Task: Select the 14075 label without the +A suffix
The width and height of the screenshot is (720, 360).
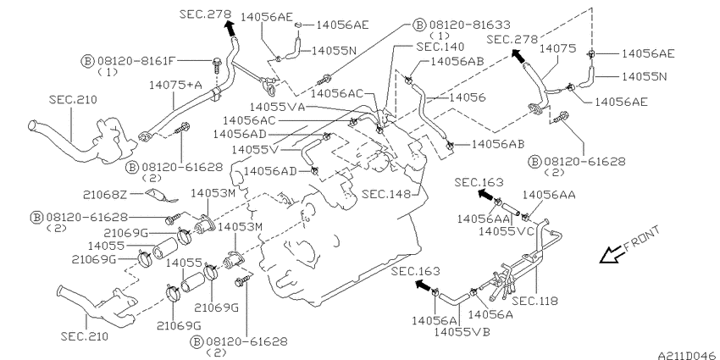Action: pos(557,48)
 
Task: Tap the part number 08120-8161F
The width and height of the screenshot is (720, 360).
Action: pos(136,60)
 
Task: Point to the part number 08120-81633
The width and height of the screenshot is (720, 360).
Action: pos(470,25)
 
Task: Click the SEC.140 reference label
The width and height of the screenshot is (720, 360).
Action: pos(440,47)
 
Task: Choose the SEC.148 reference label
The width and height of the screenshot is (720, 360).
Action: pos(386,194)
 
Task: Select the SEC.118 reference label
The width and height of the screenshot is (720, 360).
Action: pos(535,301)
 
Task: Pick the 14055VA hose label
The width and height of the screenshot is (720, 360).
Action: pos(277,107)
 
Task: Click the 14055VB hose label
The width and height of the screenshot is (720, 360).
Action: pos(462,331)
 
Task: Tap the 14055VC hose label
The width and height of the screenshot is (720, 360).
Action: pos(507,231)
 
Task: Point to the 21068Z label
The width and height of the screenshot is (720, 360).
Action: pos(105,195)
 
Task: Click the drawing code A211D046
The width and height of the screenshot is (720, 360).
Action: pos(687,356)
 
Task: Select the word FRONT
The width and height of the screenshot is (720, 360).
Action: pos(642,239)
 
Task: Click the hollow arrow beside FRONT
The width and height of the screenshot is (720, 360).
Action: pos(612,255)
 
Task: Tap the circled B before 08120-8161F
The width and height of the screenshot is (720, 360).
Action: pos(88,60)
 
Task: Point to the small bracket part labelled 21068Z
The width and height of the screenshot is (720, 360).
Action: pos(162,195)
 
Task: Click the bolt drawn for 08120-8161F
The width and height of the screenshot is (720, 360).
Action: pos(216,66)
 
